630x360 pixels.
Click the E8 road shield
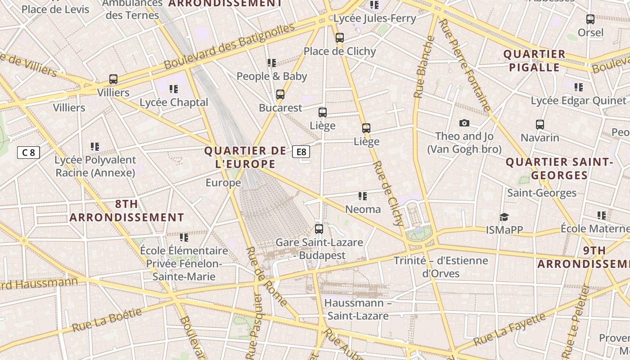(301, 152)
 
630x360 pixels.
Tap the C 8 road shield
(28, 153)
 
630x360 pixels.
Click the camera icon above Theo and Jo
(464, 123)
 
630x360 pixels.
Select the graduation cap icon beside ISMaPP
(504, 217)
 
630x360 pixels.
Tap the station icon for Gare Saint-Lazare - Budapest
(319, 229)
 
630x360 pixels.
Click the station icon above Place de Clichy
(340, 38)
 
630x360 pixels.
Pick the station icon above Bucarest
(280, 94)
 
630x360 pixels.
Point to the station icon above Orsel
(590, 19)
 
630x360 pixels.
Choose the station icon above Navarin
(540, 125)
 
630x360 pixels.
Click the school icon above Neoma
(363, 196)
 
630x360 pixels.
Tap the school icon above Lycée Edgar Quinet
(579, 87)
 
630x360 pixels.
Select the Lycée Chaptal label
(174, 103)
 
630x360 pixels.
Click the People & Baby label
(272, 76)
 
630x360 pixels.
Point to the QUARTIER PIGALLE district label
(534, 61)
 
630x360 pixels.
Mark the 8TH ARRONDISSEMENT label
(127, 211)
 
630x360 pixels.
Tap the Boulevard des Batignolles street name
(229, 46)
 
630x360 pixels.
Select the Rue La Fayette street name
(510, 329)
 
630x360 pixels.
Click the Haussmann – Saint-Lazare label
(358, 309)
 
